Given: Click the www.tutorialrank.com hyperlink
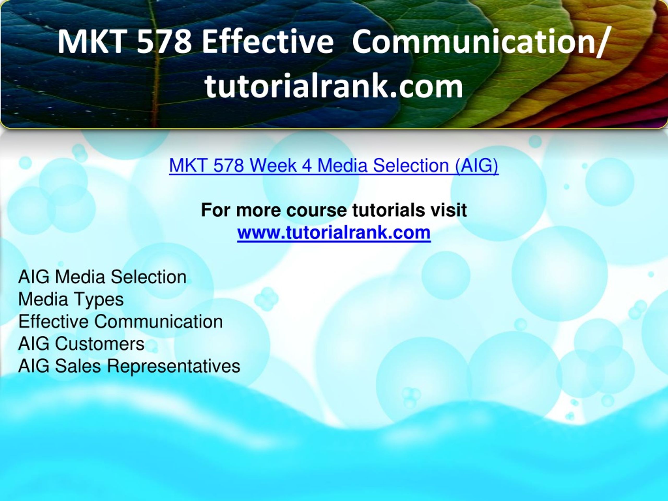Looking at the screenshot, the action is [x=334, y=233].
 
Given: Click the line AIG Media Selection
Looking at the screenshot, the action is [x=102, y=277].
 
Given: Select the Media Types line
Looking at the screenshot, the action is [x=71, y=300].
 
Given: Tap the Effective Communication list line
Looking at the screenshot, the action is [x=121, y=322].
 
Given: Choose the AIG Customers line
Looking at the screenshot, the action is [x=81, y=344].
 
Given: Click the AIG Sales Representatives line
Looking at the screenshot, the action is [x=129, y=366].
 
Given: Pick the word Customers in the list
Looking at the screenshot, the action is [x=100, y=344].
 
